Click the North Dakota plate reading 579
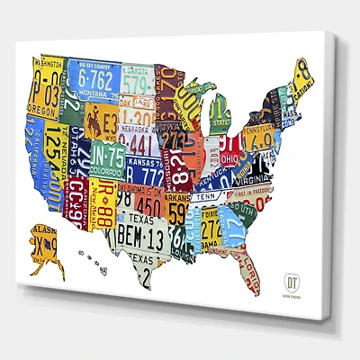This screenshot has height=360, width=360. click(138, 82)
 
